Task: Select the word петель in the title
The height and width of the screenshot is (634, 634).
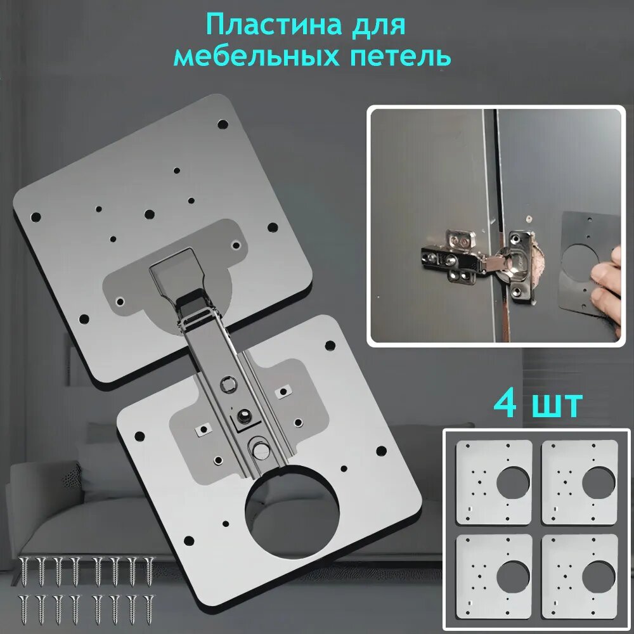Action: pyautogui.click(x=400, y=57)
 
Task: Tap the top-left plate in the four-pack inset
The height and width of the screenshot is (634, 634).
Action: pyautogui.click(x=494, y=482)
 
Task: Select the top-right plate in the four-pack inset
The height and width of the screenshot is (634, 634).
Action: pyautogui.click(x=579, y=482)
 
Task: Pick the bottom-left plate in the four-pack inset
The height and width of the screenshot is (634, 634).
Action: pyautogui.click(x=494, y=576)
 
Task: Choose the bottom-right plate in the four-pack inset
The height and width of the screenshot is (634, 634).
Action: pyautogui.click(x=579, y=576)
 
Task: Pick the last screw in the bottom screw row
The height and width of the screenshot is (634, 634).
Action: pyautogui.click(x=149, y=609)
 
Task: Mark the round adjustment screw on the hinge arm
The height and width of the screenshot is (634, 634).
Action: pyautogui.click(x=259, y=446)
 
